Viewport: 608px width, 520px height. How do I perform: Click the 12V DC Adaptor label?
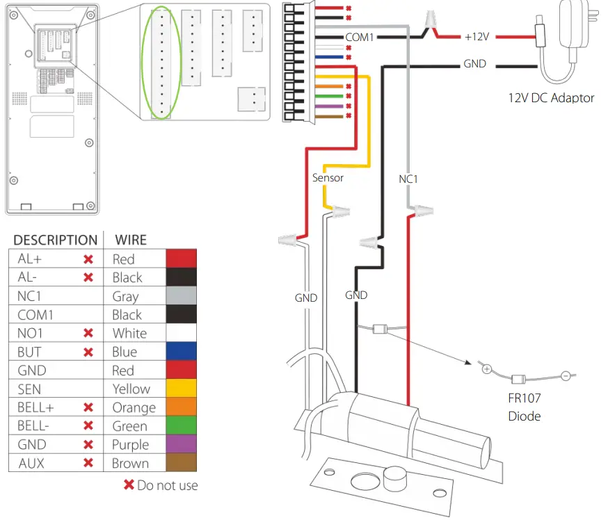point(551,98)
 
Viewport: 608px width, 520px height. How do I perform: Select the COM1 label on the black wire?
point(360,36)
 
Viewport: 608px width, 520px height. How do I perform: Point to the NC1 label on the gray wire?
point(408,179)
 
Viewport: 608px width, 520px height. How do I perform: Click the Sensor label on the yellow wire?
point(328,177)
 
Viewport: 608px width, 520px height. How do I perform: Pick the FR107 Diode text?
point(524,407)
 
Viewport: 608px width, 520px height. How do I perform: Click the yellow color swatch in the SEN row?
point(181,389)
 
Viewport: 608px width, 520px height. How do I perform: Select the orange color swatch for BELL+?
point(181,407)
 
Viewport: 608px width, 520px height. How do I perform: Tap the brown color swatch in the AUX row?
point(181,463)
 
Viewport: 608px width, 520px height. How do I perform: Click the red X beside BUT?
point(88,352)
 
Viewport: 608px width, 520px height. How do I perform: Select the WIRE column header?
point(130,240)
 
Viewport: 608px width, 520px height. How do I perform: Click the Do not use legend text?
point(167,485)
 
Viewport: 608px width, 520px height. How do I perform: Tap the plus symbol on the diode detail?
point(487,369)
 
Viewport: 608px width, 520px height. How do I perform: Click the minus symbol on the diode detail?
point(566,375)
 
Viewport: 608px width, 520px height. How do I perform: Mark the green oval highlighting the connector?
point(161,63)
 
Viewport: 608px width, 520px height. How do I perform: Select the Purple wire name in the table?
point(130,445)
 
